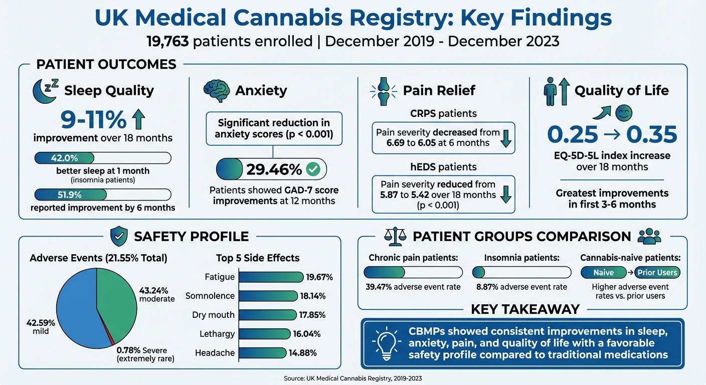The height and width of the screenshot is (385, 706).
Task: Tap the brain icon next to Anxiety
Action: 217,90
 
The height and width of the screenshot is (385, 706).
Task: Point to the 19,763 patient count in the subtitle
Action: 167,41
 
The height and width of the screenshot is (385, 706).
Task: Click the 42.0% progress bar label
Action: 64,158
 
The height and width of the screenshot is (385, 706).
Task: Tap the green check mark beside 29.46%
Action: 313,169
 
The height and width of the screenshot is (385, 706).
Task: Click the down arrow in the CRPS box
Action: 506,138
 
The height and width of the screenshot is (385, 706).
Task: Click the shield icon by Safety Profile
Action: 118,236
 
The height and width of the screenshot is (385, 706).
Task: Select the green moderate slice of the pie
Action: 115,296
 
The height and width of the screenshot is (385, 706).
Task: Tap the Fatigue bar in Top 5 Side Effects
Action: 271,277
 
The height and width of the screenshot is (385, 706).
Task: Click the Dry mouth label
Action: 213,315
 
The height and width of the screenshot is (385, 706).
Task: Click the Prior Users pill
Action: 657,273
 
